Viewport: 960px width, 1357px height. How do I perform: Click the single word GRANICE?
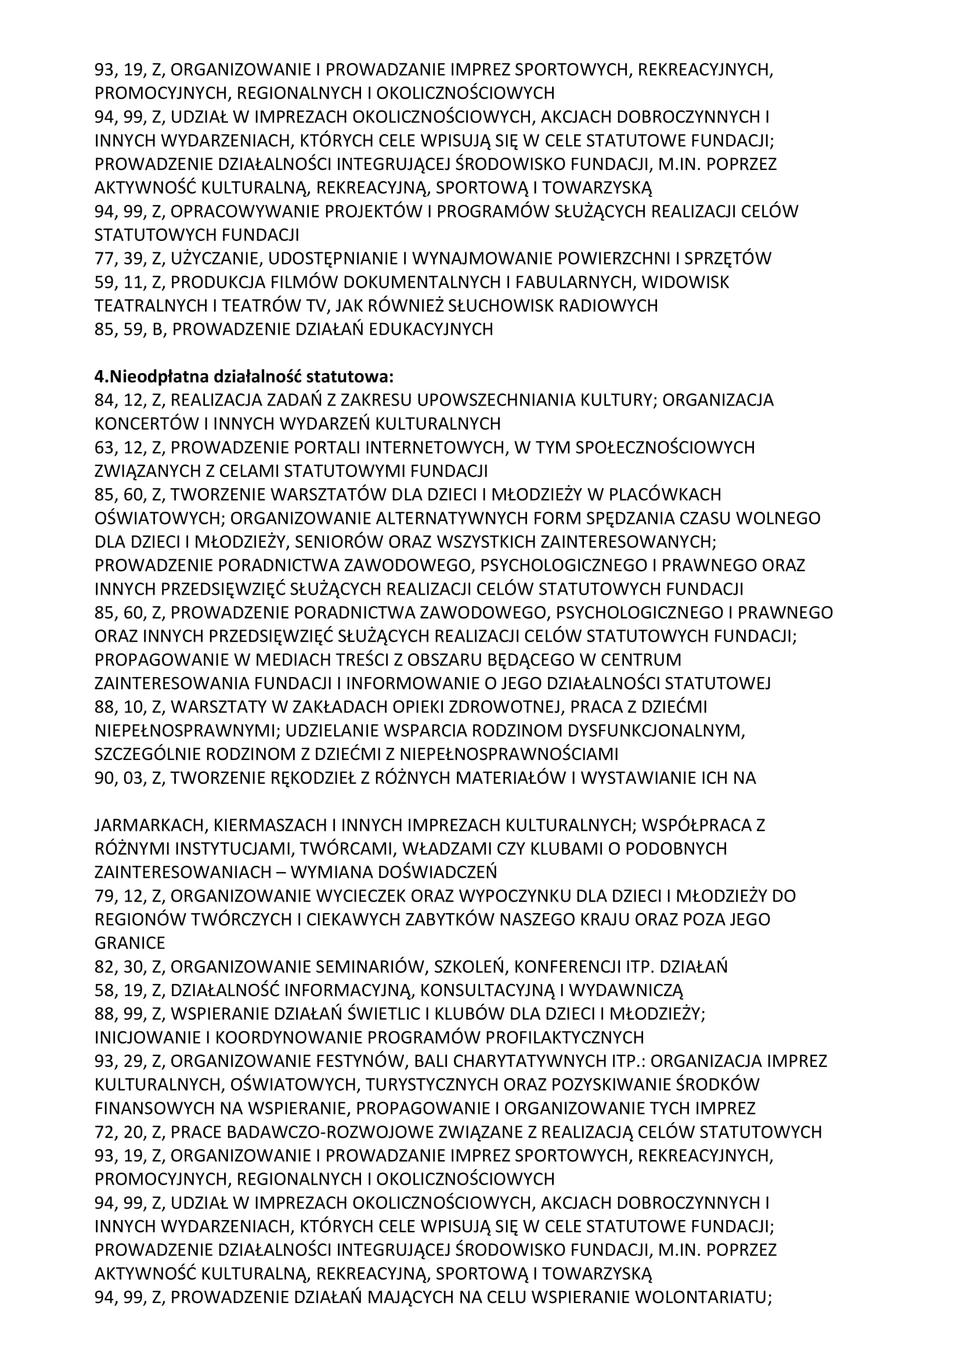[130, 943]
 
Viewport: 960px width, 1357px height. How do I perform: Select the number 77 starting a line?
[104, 259]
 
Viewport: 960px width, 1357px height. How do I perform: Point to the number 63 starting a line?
[104, 447]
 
